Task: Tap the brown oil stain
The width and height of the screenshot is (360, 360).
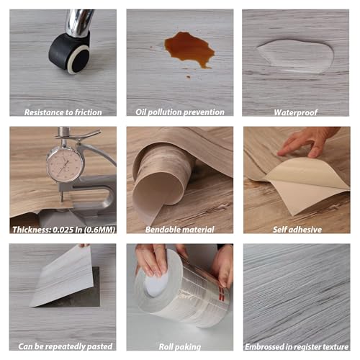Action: pos(189,50)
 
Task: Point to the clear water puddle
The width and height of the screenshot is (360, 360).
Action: pos(296,56)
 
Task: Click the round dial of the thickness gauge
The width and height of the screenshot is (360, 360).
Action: pos(64,164)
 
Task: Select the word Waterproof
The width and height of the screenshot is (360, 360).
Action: pos(295,112)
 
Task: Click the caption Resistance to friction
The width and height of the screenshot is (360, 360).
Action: pos(63,112)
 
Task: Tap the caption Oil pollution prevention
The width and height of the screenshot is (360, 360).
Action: pos(180,112)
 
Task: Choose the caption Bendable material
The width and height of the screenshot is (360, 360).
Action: pos(180,230)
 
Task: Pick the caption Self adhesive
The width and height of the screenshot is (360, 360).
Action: pos(297,230)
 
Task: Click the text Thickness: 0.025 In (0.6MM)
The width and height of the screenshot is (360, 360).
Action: pos(64,230)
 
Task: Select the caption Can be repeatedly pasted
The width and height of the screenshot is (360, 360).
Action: pos(66,346)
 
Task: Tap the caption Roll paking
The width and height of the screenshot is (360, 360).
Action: pos(180,347)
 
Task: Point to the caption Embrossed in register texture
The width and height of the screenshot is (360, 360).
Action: pos(297,347)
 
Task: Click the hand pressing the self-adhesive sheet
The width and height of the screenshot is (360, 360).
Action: pos(310,142)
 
